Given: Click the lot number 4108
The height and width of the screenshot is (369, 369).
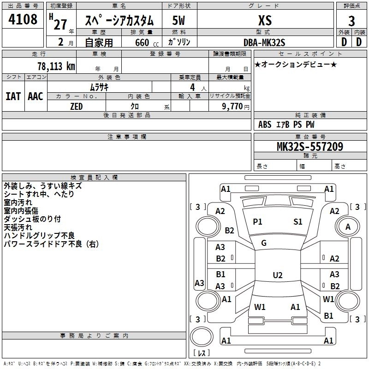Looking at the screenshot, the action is click(x=23, y=20).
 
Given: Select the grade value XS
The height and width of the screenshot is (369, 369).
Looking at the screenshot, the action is click(x=265, y=20).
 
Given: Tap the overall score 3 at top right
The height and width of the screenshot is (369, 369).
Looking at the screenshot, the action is click(x=351, y=21).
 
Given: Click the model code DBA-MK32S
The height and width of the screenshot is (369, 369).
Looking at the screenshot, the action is click(x=264, y=42).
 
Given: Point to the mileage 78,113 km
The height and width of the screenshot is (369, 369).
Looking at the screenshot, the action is click(x=56, y=66).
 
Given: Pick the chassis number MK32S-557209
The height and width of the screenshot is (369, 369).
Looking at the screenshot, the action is click(x=309, y=147).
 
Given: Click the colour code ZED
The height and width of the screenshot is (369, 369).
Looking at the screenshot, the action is click(x=76, y=106).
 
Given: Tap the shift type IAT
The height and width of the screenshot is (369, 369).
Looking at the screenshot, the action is click(x=13, y=96).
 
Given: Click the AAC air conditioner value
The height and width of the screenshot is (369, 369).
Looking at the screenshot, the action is click(x=36, y=96).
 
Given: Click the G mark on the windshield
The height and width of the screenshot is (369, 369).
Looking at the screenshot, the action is click(x=264, y=243).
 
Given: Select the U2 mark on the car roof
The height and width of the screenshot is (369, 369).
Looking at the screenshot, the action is click(x=277, y=275).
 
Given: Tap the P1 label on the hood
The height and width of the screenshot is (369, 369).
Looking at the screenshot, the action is click(x=257, y=222).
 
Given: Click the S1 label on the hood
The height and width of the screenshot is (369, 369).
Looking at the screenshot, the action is click(x=298, y=222).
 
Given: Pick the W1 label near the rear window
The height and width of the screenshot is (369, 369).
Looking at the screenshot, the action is click(x=260, y=307).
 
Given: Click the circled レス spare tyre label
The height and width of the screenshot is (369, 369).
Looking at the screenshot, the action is click(x=202, y=353).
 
